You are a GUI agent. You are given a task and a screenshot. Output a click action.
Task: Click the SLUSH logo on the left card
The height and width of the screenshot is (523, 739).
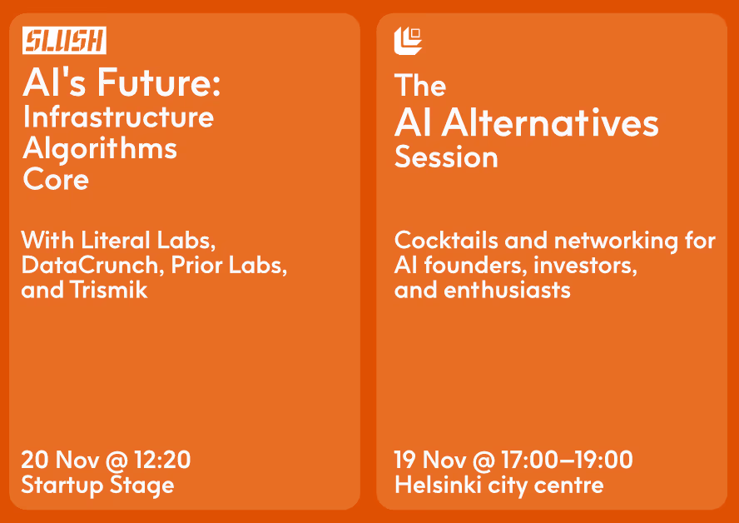(x=64, y=41)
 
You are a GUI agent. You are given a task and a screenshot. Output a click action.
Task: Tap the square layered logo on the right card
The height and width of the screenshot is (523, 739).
(x=408, y=40)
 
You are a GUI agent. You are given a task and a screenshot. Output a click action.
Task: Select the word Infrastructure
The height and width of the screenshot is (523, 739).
(x=118, y=117)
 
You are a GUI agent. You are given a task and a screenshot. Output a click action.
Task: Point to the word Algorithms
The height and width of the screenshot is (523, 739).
(x=100, y=148)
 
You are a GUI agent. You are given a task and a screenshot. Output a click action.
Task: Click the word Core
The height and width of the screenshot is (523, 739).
(x=56, y=180)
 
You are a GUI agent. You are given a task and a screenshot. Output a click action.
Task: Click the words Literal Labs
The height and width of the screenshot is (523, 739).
(x=149, y=241)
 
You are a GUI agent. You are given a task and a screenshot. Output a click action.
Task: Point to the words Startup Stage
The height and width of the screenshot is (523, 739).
(x=97, y=485)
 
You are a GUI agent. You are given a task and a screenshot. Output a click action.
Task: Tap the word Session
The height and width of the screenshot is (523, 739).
(x=446, y=157)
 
